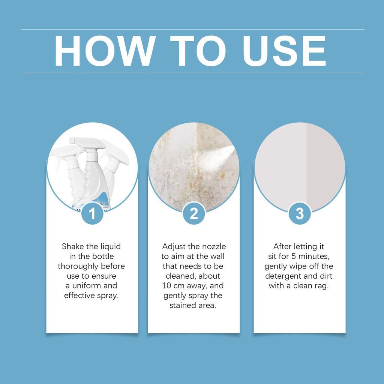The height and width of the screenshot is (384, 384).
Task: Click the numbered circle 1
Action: coord(92,214)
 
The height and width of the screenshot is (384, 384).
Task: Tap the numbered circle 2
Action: coord(193,214)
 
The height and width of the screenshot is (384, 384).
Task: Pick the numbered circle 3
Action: coord(299,214)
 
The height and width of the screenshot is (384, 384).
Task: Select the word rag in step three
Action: coord(322,286)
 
